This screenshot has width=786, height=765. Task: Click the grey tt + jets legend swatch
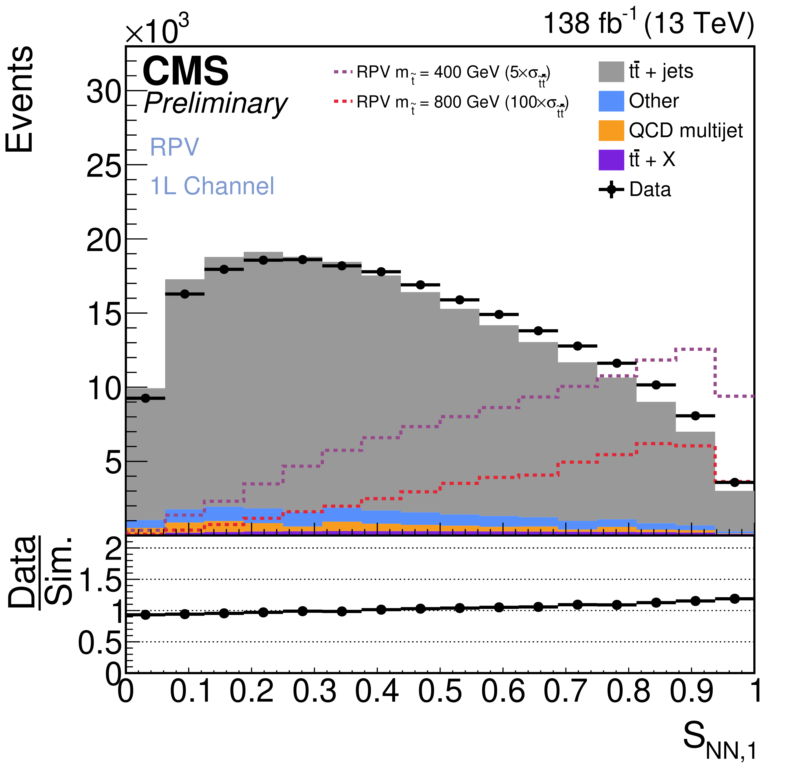pyautogui.click(x=611, y=72)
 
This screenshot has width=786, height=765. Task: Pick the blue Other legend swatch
pyautogui.click(x=611, y=101)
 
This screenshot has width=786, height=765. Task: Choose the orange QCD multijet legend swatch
pyautogui.click(x=611, y=131)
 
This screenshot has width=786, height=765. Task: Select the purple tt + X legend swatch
pyautogui.click(x=611, y=160)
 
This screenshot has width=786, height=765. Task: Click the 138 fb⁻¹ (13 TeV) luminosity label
pyautogui.click(x=648, y=23)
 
